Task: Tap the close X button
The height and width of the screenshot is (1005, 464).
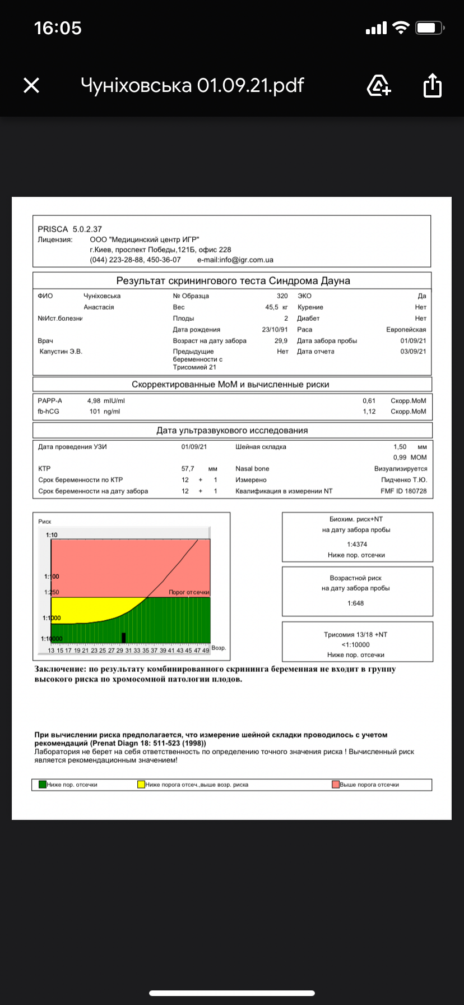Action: pos(31,85)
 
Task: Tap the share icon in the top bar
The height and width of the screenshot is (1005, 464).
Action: pos(432,85)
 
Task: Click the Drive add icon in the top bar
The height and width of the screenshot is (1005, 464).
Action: pos(379,85)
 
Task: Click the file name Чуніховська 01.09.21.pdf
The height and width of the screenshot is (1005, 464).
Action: pos(192,85)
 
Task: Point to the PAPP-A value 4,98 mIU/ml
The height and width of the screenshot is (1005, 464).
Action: pos(106,401)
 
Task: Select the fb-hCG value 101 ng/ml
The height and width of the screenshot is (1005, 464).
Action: pos(104,412)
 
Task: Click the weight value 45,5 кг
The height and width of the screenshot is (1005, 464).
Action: pos(276,307)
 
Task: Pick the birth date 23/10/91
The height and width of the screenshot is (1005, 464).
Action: pos(275,330)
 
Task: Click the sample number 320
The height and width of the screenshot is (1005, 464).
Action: pos(282,296)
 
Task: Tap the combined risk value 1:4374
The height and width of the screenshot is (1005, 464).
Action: pos(357,545)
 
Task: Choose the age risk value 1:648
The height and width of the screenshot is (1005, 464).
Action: pos(355,603)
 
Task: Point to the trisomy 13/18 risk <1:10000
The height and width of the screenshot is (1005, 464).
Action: pos(356,645)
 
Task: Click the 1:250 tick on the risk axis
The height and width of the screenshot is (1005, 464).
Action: pos(52,592)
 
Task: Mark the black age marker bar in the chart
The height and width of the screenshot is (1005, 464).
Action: pos(123,638)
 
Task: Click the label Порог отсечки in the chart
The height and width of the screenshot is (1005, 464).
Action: pos(189,592)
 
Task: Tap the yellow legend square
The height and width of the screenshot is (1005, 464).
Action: pos(141,785)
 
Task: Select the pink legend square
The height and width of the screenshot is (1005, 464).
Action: pos(336,785)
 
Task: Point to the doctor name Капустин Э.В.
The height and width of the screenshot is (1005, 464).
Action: pos(61,352)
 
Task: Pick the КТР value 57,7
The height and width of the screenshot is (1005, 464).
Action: pos(188,469)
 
